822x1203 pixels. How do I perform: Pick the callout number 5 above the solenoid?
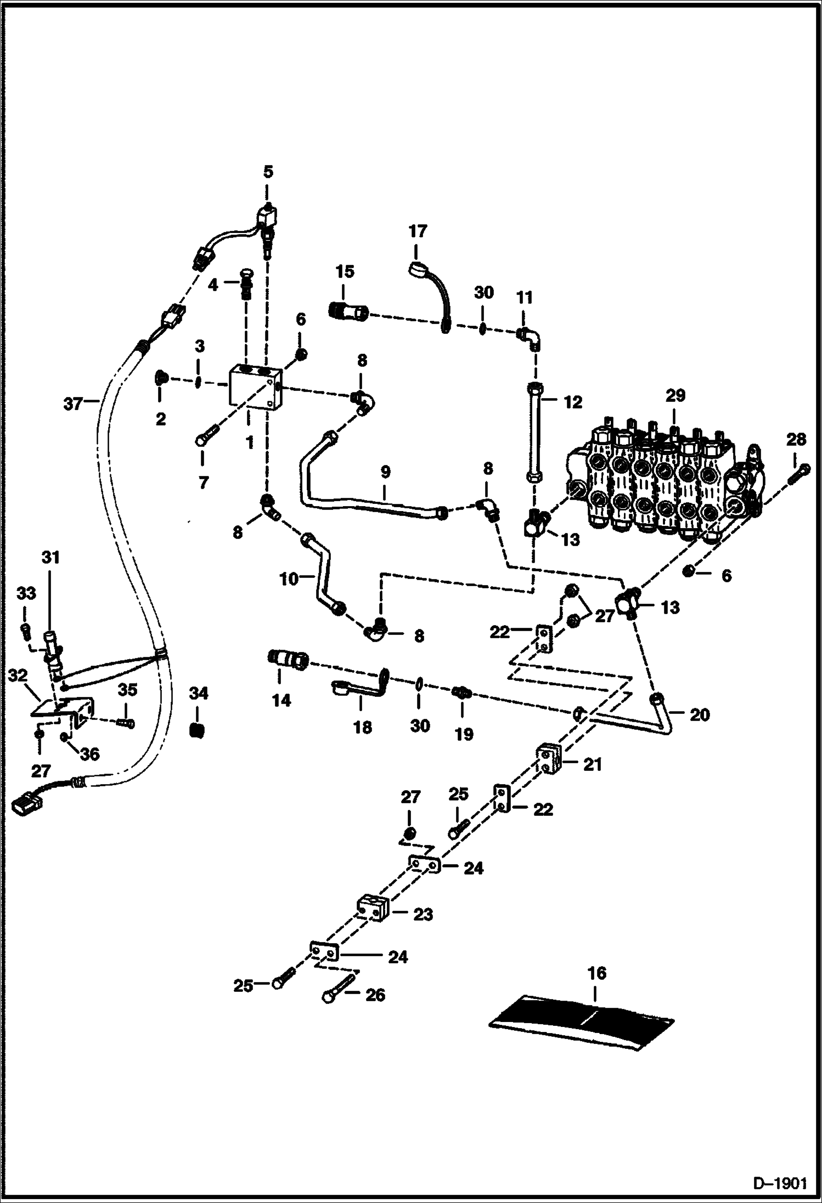(267, 172)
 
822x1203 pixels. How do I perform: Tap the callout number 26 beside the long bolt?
(375, 994)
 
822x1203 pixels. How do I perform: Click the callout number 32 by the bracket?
(18, 676)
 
